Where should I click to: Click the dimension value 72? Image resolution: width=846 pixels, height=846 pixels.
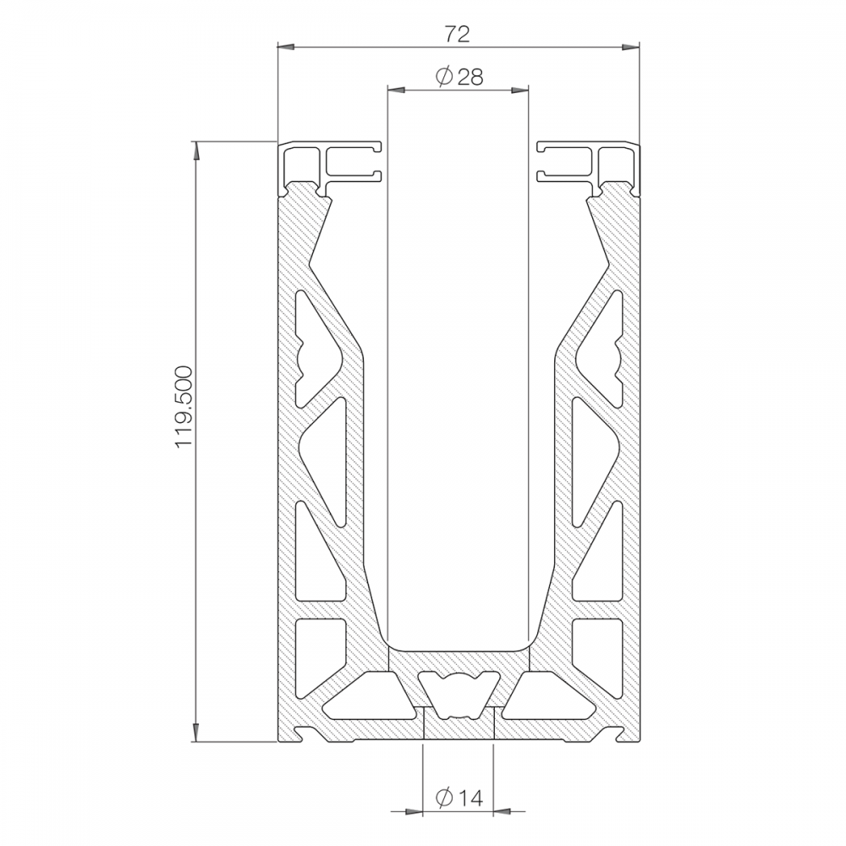tap(457, 34)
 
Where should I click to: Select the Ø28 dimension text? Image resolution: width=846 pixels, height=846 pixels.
tap(459, 77)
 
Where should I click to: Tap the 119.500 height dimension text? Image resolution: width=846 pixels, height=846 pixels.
tap(184, 407)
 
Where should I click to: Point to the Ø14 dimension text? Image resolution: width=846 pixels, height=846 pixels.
tap(459, 798)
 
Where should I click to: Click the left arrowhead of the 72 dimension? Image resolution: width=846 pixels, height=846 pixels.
tap(286, 47)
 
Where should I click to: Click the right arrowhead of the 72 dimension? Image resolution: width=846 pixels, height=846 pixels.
tap(629, 47)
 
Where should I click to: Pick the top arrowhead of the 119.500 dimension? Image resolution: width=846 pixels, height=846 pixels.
tap(196, 150)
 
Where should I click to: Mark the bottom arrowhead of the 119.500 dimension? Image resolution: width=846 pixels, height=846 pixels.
tap(196, 733)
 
